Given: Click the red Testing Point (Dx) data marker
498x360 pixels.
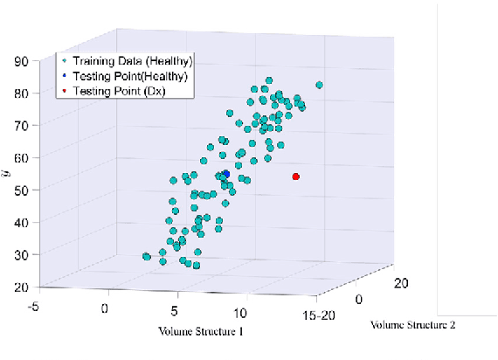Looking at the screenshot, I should click(x=296, y=177).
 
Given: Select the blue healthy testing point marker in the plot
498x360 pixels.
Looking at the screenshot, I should click(x=225, y=174).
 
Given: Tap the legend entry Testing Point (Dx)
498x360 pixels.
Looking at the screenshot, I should click(x=119, y=90).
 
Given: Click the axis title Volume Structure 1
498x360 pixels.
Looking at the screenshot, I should click(x=200, y=333).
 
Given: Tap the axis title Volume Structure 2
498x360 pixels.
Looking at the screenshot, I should click(x=414, y=325).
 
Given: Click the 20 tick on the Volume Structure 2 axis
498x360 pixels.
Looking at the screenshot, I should click(x=403, y=282).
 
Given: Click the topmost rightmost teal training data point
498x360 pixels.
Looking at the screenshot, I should click(x=320, y=85).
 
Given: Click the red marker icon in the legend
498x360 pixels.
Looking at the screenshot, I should click(x=65, y=90).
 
